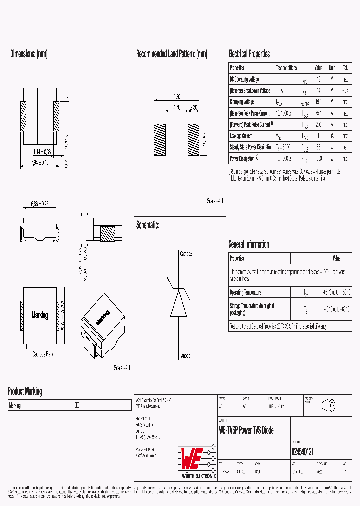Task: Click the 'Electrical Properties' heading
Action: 249,54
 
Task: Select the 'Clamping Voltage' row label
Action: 242,102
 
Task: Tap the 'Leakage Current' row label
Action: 241,136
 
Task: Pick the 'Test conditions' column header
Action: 286,68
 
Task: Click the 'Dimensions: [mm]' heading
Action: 29,54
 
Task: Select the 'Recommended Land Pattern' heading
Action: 171,54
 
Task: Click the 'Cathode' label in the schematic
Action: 186,254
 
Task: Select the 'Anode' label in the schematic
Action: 185,356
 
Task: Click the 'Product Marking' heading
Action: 25,391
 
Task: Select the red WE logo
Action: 191,456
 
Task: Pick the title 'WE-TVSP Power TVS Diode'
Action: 246,430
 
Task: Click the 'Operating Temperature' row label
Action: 245,292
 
